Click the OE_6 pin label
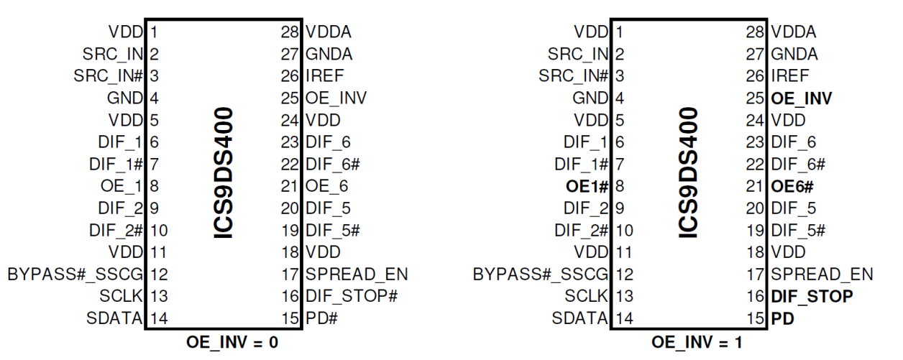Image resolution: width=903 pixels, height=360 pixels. tap(328, 186)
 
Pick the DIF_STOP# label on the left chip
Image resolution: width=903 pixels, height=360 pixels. tap(352, 296)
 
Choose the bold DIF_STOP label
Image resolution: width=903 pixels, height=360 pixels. tap(812, 296)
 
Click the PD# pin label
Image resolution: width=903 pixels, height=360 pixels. tap(321, 318)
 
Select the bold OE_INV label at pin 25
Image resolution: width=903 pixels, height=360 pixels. tap(801, 98)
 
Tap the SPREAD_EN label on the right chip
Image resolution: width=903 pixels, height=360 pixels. tap(822, 274)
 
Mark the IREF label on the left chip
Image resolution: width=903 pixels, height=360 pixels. tap(325, 75)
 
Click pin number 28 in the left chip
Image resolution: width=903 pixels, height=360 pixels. tap(291, 32)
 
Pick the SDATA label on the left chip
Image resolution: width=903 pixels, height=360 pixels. tap(114, 318)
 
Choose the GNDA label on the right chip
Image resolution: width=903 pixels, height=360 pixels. tap(794, 54)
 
